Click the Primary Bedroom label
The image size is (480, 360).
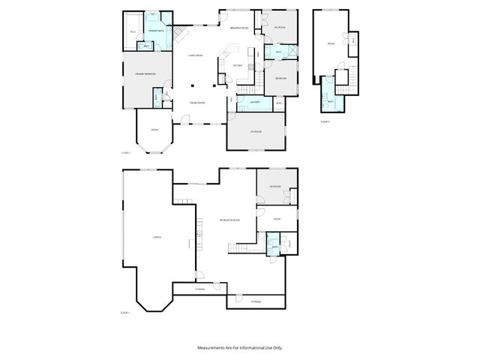tap(144, 74)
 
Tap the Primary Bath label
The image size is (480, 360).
tap(157, 30)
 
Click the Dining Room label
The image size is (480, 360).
tap(197, 102)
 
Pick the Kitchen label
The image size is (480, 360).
tap(238, 66)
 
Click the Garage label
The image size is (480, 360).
tap(157, 237)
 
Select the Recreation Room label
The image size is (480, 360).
tap(229, 220)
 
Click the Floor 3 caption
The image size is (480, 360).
tap(325, 121)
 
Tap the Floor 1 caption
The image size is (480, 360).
tap(125, 312)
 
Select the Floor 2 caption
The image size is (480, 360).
tap(126, 153)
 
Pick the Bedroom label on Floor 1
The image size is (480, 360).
tap(275, 186)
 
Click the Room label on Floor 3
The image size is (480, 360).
tap(330, 43)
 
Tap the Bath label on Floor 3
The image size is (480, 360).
tap(330, 101)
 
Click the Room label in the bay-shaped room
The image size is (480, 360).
tap(154, 130)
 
